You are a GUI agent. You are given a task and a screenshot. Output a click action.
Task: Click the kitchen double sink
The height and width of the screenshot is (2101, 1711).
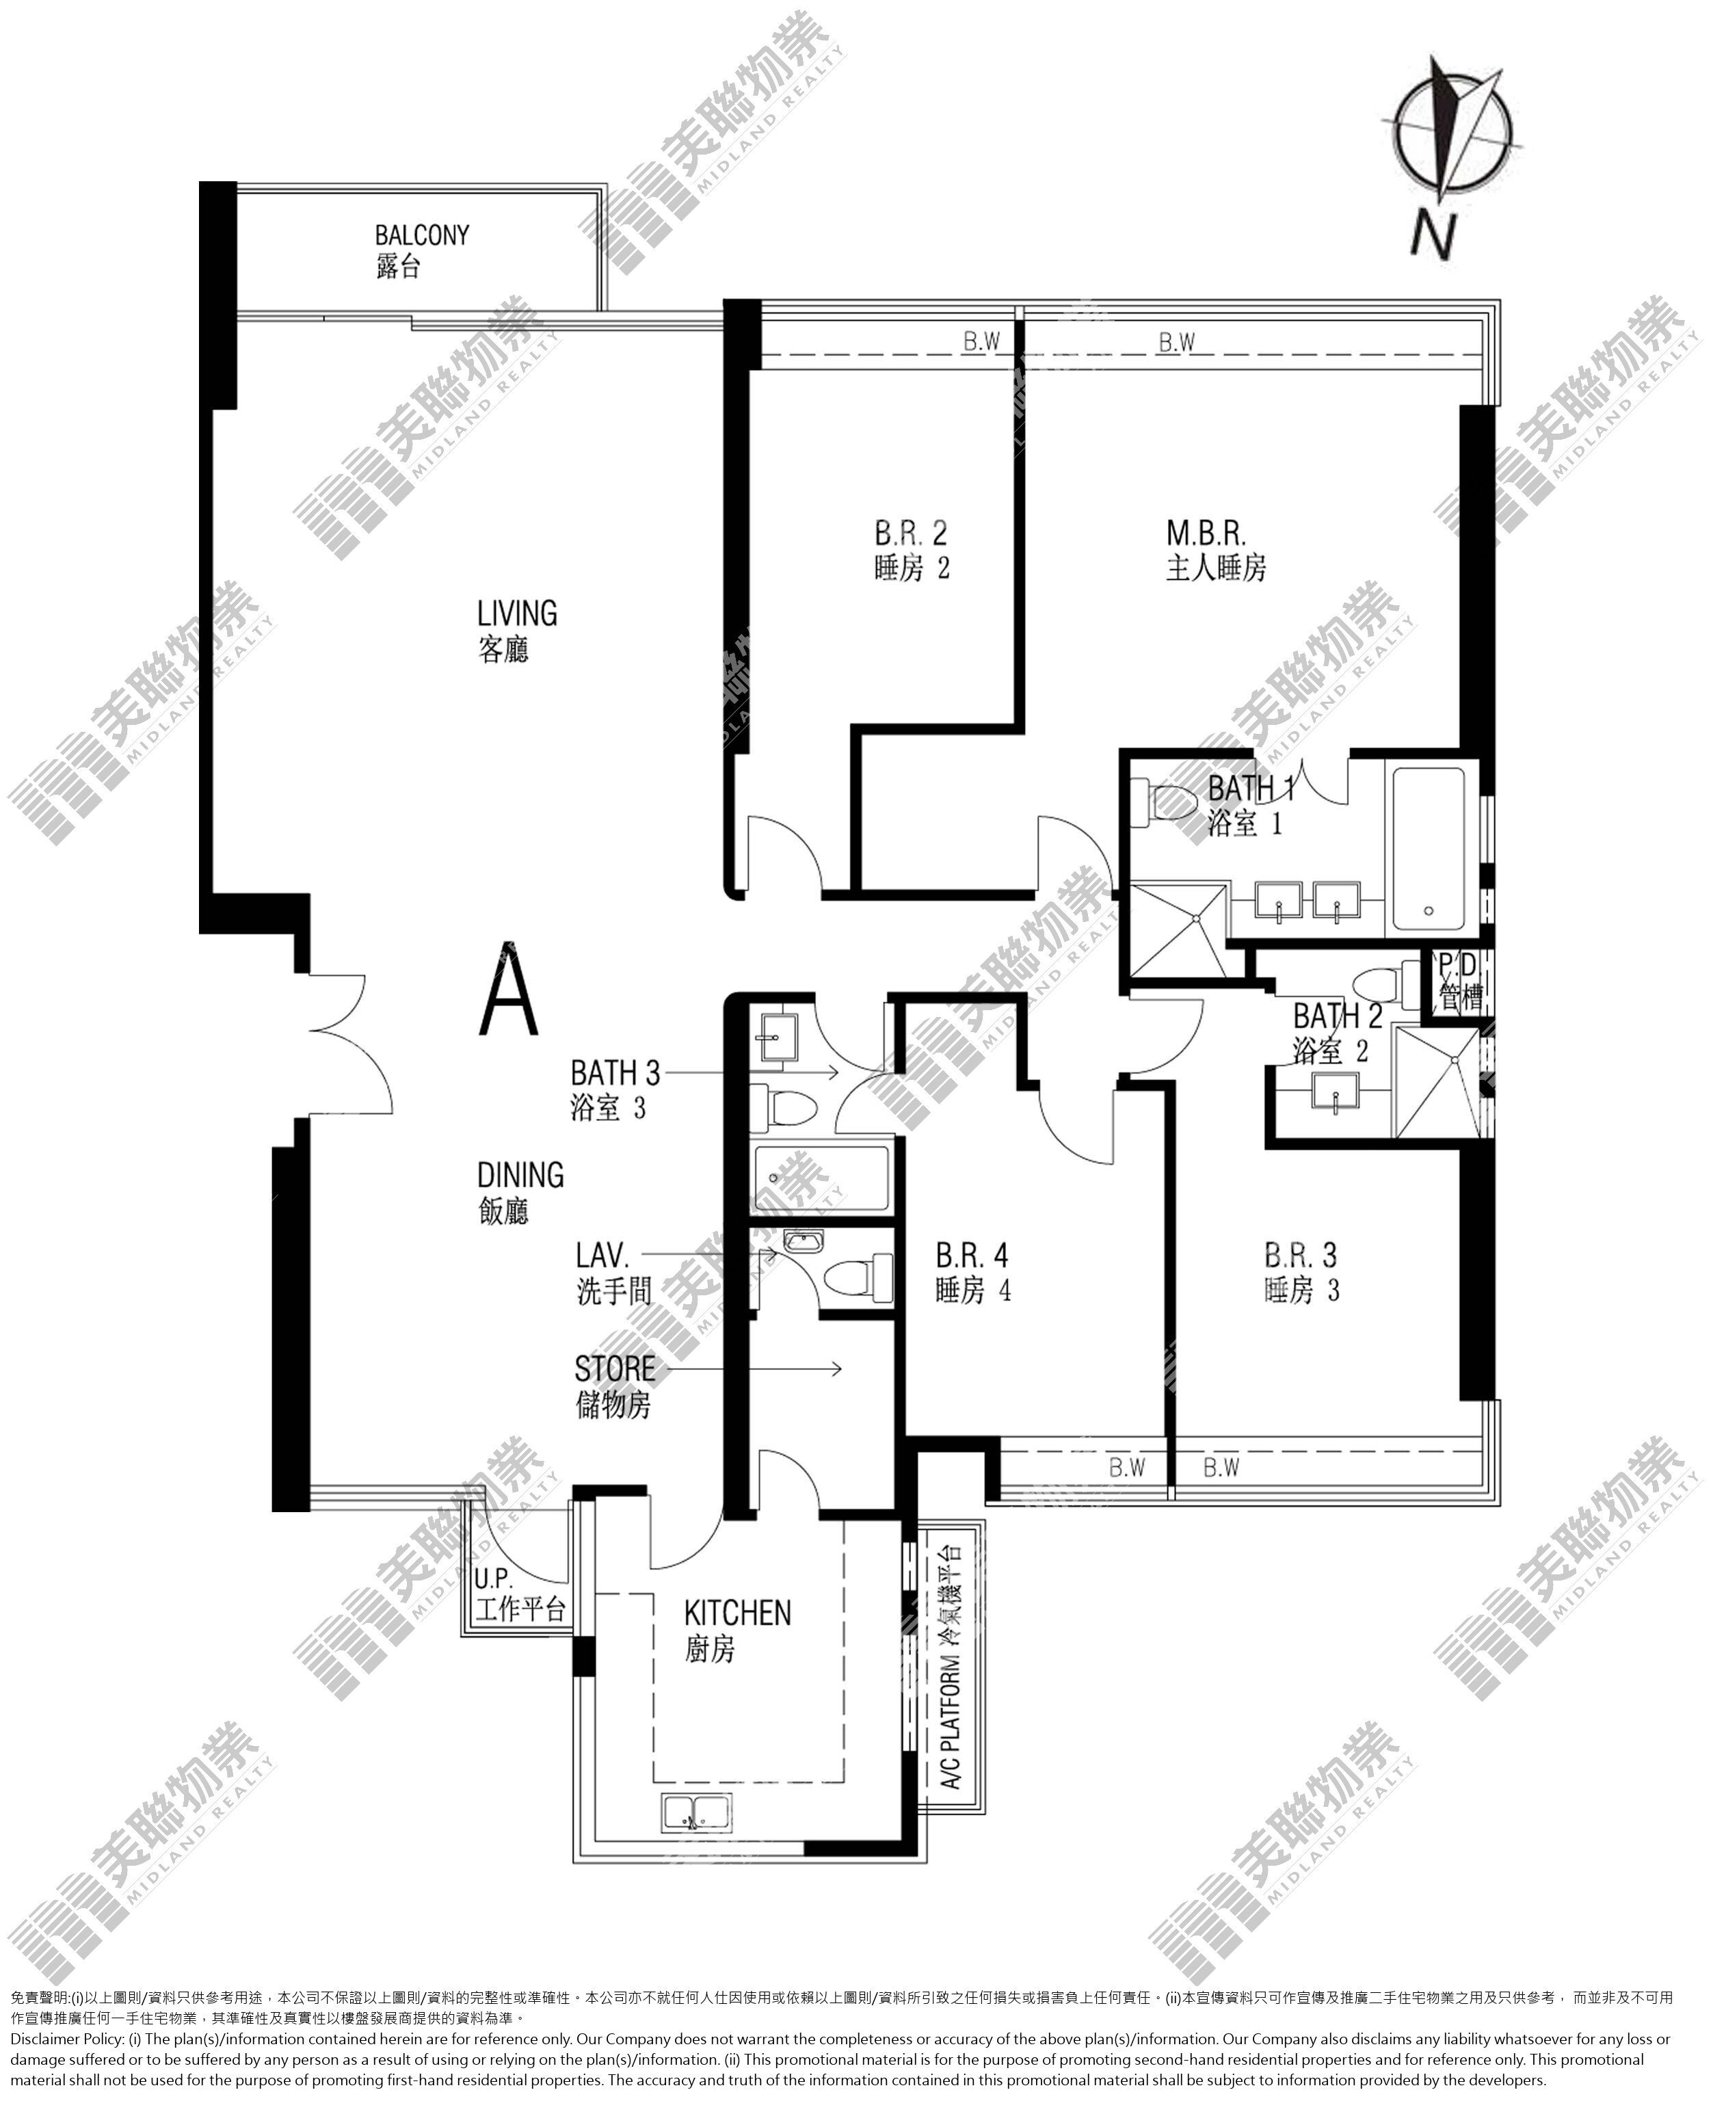[x=697, y=1812]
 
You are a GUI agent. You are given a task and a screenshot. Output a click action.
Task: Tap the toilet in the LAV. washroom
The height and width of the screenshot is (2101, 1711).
[x=855, y=1278]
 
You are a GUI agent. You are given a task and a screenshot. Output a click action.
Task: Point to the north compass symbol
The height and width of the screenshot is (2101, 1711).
[x=1452, y=128]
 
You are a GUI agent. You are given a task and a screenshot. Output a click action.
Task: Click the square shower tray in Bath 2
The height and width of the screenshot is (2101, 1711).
[x=1438, y=1082]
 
